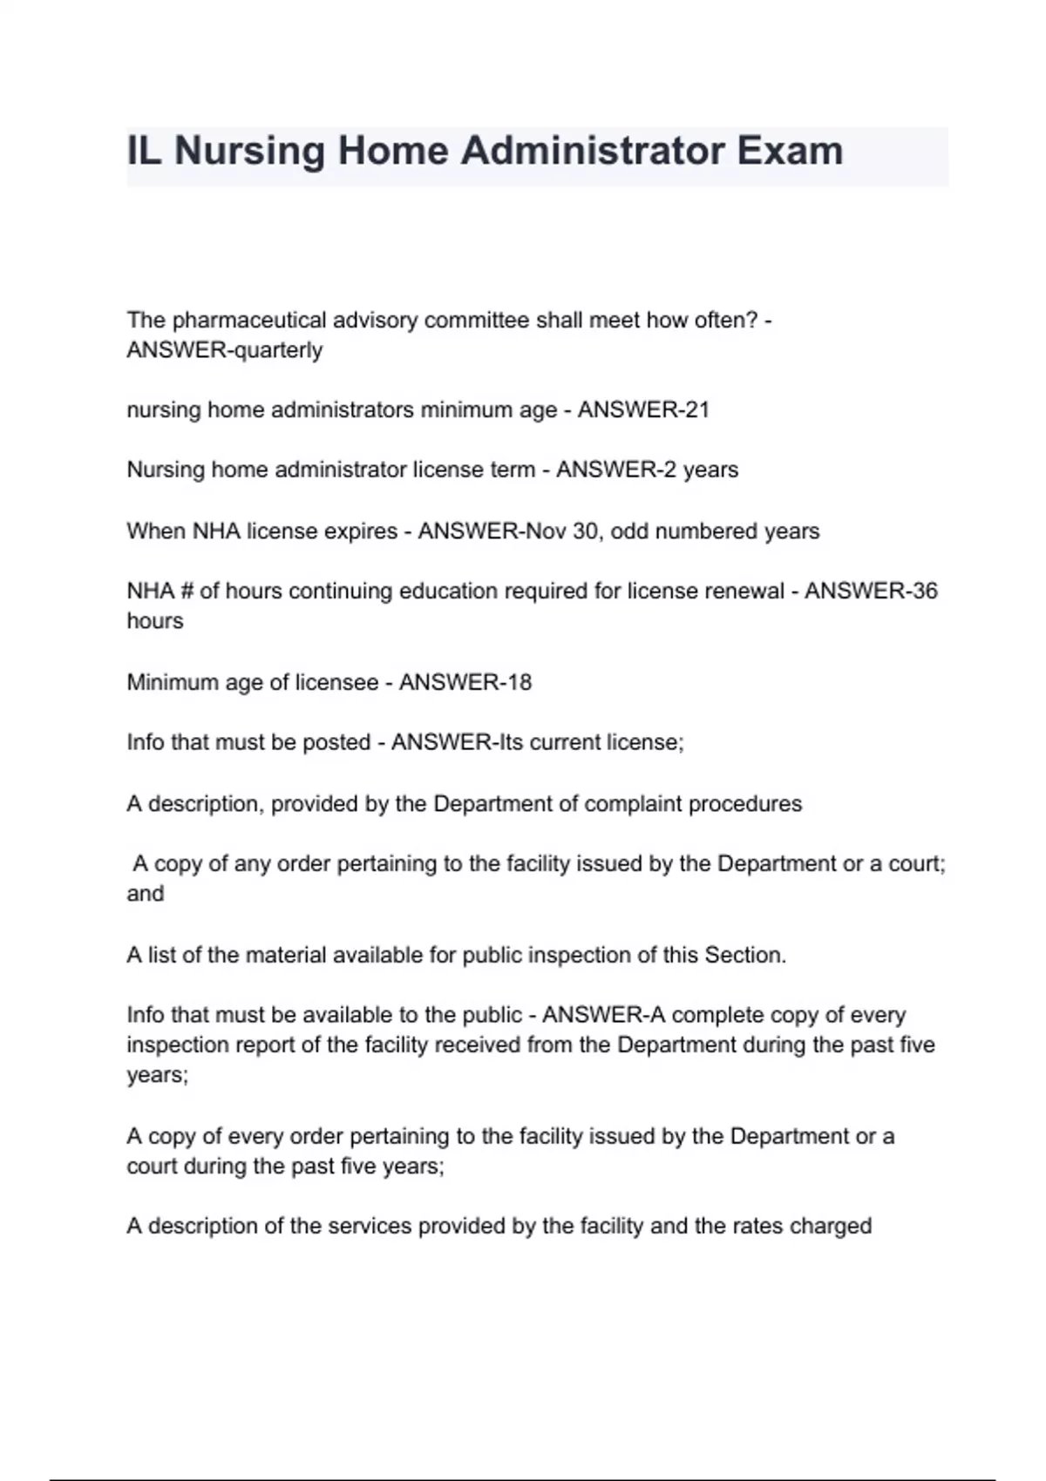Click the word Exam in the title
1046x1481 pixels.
(x=790, y=151)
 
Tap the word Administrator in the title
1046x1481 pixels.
(x=592, y=151)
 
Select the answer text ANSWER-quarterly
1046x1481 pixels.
(x=225, y=350)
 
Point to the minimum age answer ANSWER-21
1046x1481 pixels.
(x=643, y=409)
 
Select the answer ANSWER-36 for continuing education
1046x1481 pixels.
(x=871, y=591)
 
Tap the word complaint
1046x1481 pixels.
(x=633, y=803)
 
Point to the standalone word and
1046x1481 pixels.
(x=146, y=894)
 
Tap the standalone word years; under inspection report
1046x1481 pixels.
(x=158, y=1075)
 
